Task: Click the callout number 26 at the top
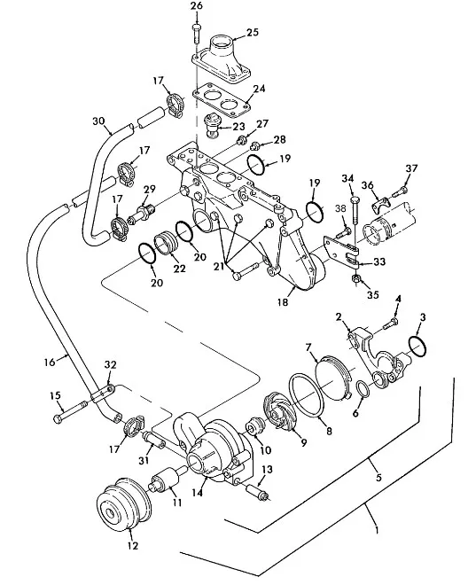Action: click(196, 6)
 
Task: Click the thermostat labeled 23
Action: click(213, 126)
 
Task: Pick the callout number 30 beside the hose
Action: click(98, 121)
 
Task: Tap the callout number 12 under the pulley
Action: click(132, 545)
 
